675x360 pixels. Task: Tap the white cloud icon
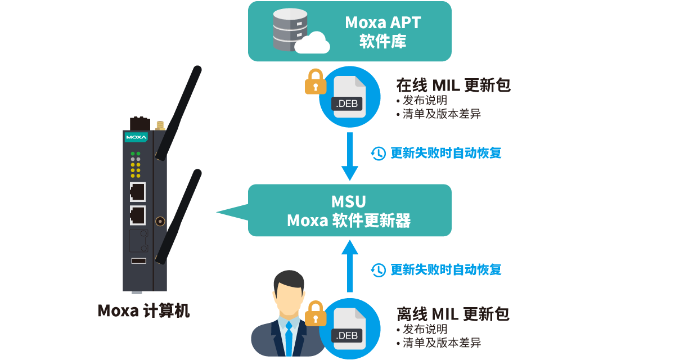click(312, 43)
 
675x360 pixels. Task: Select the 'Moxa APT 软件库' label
click(382, 31)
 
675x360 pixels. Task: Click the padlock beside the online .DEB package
click(316, 82)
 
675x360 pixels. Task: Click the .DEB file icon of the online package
click(349, 97)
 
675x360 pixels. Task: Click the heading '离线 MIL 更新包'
click(453, 314)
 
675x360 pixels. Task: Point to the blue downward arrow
click(350, 156)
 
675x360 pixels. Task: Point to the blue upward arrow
click(350, 264)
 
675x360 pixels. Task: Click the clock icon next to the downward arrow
click(379, 153)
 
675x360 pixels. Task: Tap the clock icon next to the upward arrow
click(379, 270)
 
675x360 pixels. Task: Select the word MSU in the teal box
click(349, 201)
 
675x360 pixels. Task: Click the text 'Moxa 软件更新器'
click(349, 220)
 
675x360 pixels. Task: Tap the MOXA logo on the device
click(136, 137)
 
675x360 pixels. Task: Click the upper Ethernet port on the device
click(137, 192)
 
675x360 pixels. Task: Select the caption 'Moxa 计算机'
click(144, 311)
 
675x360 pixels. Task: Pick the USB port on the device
click(138, 260)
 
